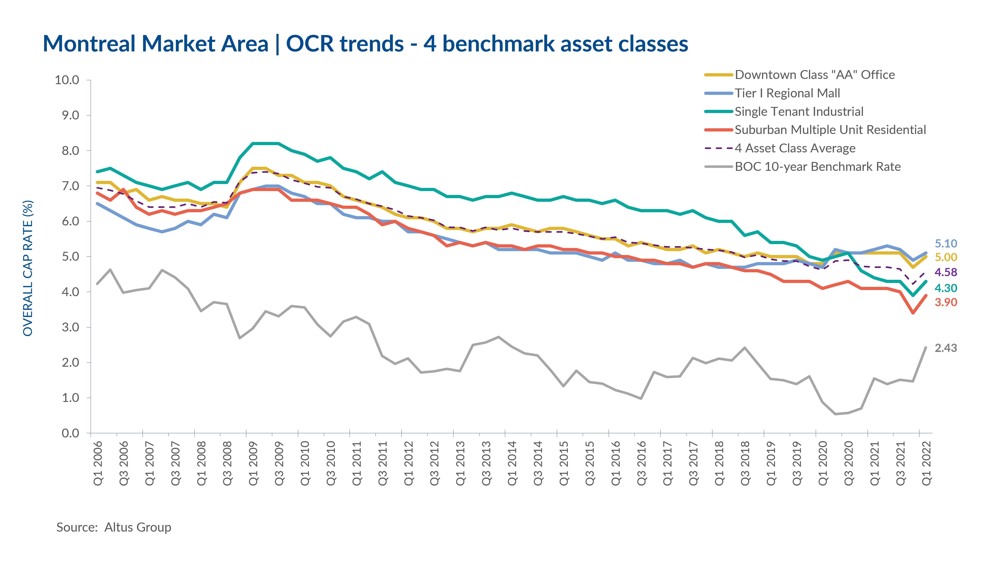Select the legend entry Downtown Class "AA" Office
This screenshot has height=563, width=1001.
pyautogui.click(x=814, y=75)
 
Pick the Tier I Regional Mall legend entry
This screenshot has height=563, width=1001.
pyautogui.click(x=787, y=93)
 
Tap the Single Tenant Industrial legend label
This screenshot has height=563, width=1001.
pyautogui.click(x=799, y=111)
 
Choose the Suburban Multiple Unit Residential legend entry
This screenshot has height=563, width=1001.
pyautogui.click(x=830, y=130)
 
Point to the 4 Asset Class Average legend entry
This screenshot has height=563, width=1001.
pyautogui.click(x=795, y=148)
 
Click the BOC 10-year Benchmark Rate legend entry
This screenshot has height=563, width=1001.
pyautogui.click(x=818, y=167)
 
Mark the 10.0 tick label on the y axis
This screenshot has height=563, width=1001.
pyautogui.click(x=67, y=80)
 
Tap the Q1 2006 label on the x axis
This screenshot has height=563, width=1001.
pyautogui.click(x=98, y=463)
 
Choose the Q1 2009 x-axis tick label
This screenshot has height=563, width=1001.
pyautogui.click(x=253, y=463)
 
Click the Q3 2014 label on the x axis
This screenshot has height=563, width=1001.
pyautogui.click(x=538, y=463)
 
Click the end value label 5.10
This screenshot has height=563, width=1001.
pyautogui.click(x=946, y=244)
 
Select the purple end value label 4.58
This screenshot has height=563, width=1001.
pyautogui.click(x=946, y=272)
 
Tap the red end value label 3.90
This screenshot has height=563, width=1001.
pyautogui.click(x=946, y=302)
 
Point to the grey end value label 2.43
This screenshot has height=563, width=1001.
pyautogui.click(x=946, y=348)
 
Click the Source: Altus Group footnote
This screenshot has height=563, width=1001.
pyautogui.click(x=114, y=527)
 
